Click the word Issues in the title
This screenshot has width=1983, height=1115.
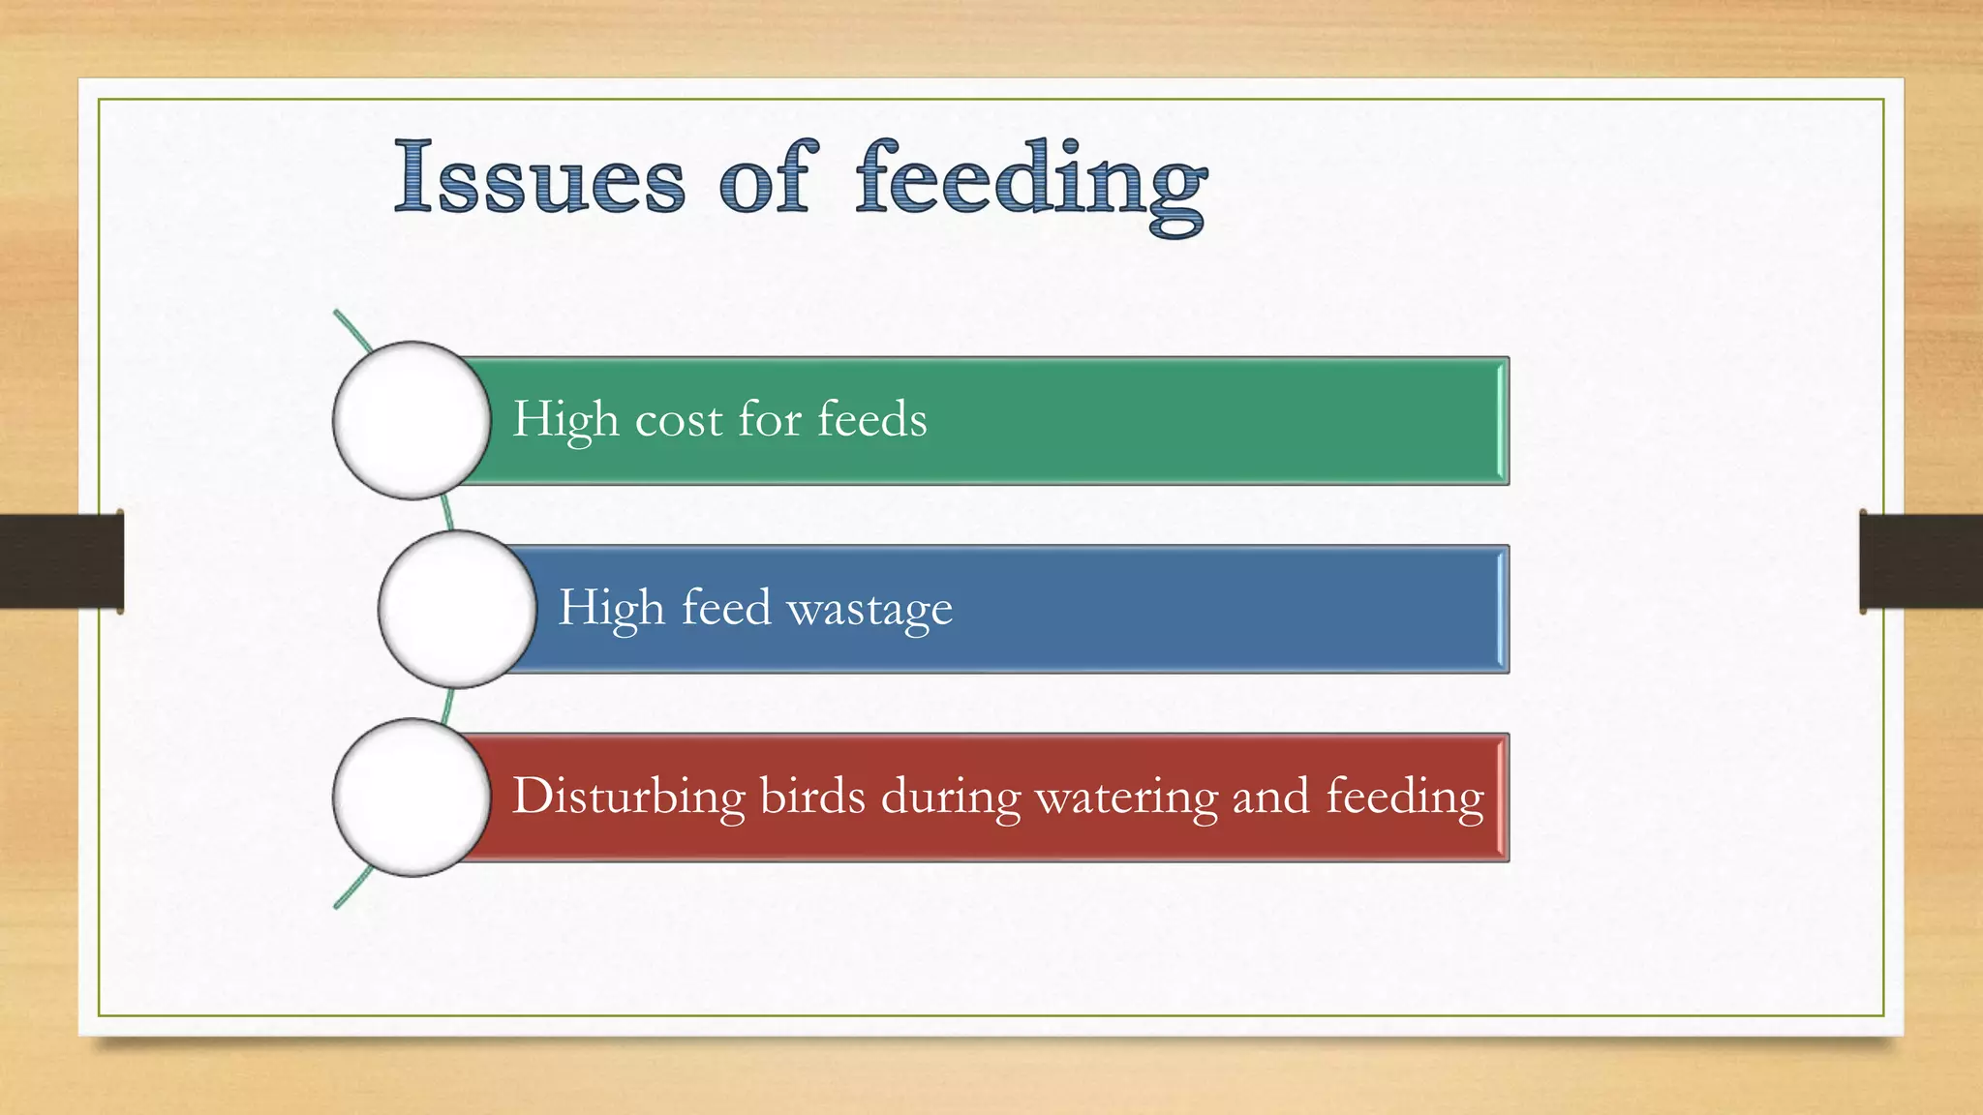[539, 177]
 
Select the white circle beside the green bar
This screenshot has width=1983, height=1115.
[412, 420]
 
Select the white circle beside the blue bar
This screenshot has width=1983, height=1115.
[457, 609]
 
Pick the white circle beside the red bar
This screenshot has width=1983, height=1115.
[412, 797]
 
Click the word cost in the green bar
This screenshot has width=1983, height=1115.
[678, 420]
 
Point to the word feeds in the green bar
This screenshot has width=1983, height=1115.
[871, 420]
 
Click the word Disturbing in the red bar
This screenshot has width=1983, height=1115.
[628, 798]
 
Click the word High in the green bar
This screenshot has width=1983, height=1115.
[564, 420]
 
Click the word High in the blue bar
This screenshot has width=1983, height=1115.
[611, 609]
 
